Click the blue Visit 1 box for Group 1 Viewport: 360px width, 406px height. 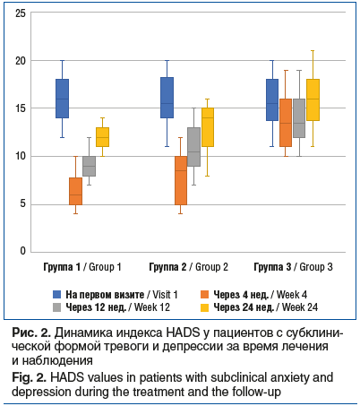63,99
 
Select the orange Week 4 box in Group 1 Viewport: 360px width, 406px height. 75,191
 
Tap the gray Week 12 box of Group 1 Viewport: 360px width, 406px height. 89,166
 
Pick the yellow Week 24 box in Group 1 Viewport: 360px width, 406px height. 102,137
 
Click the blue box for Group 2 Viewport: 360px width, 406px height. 167,98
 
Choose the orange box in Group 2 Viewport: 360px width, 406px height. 181,180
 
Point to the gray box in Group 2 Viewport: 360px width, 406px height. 194,147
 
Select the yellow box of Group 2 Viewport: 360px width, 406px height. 208,127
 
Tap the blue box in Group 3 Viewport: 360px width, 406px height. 272,99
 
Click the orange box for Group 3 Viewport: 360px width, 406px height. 286,123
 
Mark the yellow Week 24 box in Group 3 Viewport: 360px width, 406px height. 313,99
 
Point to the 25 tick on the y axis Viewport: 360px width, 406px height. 21,13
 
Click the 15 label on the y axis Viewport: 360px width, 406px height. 21,108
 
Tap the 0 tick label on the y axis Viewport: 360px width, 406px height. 23,251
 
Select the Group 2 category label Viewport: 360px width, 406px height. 188,267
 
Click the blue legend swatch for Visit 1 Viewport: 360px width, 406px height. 56,295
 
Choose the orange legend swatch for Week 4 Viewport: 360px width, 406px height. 204,295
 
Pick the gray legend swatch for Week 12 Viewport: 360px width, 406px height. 56,307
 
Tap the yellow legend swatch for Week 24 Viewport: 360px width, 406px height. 204,307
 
